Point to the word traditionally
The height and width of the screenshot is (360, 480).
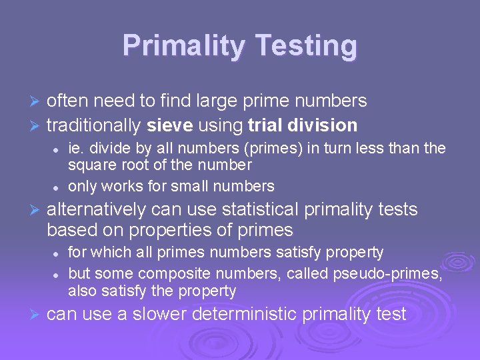(94, 125)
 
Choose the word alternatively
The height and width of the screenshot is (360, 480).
(97, 209)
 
